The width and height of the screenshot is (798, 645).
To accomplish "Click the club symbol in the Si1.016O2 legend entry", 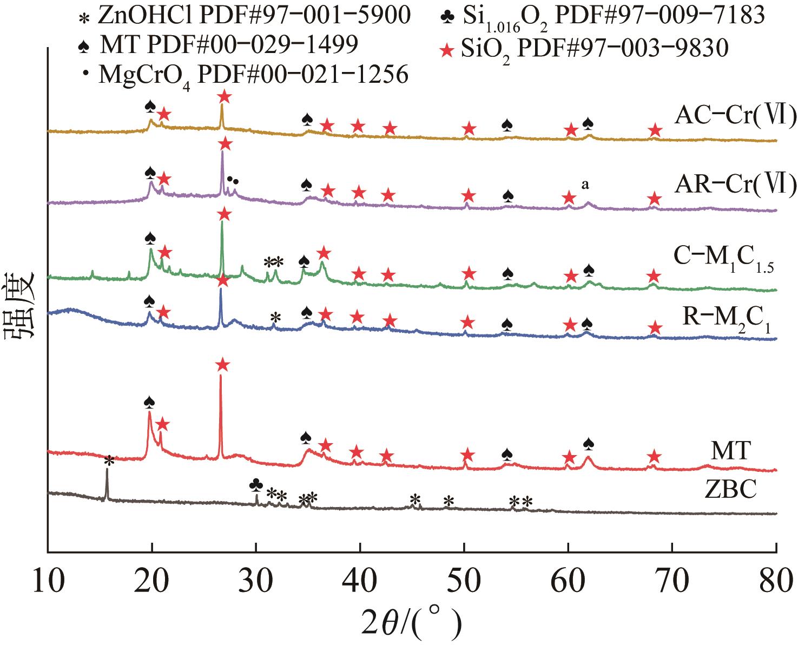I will pos(447,17).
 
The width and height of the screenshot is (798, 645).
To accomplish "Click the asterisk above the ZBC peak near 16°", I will pos(109,460).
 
